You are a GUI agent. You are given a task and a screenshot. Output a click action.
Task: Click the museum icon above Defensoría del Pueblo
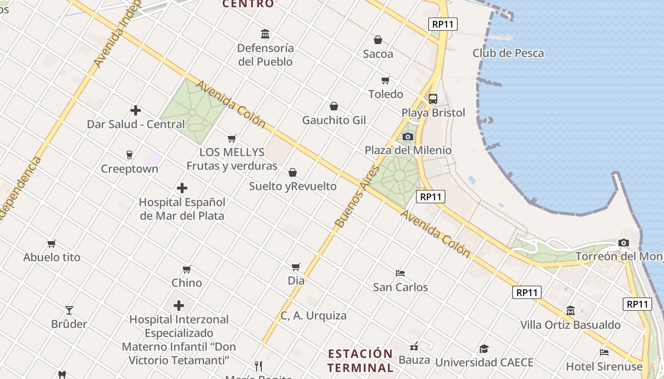pyautogui.click(x=265, y=34)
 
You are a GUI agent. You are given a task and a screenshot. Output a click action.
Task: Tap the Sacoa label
pyautogui.click(x=378, y=54)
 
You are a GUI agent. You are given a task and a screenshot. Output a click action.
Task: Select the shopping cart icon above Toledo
pyautogui.click(x=386, y=80)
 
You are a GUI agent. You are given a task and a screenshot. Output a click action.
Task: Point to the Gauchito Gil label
pyautogui.click(x=334, y=120)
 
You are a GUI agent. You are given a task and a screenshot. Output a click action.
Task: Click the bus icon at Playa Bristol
pyautogui.click(x=433, y=99)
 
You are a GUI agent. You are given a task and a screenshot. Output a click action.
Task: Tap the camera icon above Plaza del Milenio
pyautogui.click(x=407, y=137)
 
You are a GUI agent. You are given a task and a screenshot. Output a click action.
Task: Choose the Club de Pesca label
pyautogui.click(x=508, y=53)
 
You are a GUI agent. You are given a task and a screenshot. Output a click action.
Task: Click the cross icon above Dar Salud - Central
pyautogui.click(x=136, y=110)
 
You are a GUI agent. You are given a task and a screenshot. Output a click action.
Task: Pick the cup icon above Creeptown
pyautogui.click(x=129, y=154)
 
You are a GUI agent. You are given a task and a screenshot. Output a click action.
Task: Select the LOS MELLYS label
pyautogui.click(x=232, y=153)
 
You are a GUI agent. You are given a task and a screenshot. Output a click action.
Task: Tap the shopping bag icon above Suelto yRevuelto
pyautogui.click(x=293, y=172)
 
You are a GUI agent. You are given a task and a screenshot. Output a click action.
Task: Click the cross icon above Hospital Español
pyautogui.click(x=182, y=189)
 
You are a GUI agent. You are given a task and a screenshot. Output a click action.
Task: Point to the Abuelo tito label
pyautogui.click(x=52, y=258)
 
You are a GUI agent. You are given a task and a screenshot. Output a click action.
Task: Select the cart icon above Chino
pyautogui.click(x=187, y=270)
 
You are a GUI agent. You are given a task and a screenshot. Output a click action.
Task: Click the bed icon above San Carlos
pyautogui.click(x=400, y=273)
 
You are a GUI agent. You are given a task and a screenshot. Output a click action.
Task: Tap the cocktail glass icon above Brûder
pyautogui.click(x=69, y=310)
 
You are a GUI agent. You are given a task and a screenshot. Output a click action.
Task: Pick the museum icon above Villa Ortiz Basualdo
pyautogui.click(x=570, y=311)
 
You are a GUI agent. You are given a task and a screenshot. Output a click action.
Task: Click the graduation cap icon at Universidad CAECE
pyautogui.click(x=484, y=349)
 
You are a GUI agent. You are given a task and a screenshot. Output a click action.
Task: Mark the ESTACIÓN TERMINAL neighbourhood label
pyautogui.click(x=360, y=361)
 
